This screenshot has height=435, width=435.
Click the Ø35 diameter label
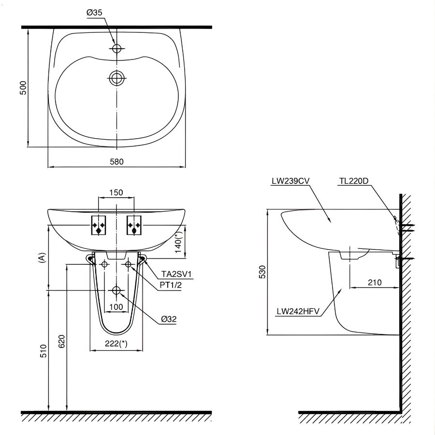click(x=95, y=14)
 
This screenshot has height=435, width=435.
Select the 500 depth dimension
click(x=23, y=87)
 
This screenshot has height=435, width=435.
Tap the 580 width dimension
click(x=116, y=162)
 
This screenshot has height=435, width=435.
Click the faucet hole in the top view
click(x=116, y=48)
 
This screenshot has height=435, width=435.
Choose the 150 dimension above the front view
click(x=116, y=192)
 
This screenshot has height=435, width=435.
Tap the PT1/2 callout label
click(x=170, y=285)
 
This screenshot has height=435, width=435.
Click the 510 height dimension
click(x=43, y=352)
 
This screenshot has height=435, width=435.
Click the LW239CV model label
click(x=290, y=181)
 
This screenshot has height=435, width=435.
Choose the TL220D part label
click(x=353, y=181)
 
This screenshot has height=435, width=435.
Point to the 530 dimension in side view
click(x=261, y=273)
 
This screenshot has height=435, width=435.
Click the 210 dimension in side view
click(x=374, y=282)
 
